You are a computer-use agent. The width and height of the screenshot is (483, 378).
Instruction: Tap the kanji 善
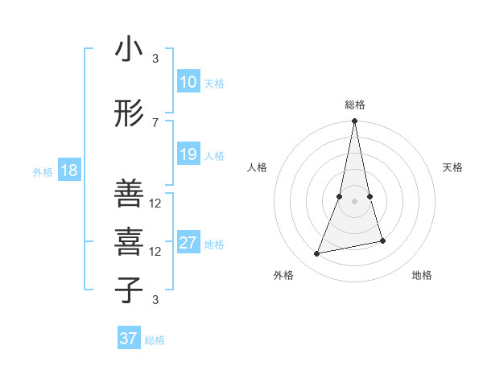(129, 194)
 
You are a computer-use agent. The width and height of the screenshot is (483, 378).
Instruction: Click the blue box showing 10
(188, 82)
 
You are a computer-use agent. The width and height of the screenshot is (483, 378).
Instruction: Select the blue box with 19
(188, 154)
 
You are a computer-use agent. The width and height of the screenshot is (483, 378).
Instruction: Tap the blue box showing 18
(68, 171)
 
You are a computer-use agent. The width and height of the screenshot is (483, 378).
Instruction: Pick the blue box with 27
(188, 243)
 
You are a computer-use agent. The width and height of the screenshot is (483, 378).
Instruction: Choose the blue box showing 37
(128, 339)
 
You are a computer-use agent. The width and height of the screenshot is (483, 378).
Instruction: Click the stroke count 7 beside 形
(155, 122)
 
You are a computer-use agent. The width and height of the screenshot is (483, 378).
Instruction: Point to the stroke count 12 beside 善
(155, 203)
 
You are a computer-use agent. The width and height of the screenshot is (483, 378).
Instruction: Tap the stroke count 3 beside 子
(155, 300)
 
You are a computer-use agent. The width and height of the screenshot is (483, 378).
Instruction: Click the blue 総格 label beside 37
(155, 340)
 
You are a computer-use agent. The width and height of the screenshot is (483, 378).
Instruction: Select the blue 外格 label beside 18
(43, 171)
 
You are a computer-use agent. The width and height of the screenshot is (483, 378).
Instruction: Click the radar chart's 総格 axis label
(354, 105)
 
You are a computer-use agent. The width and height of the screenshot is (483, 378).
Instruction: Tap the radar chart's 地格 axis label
(422, 275)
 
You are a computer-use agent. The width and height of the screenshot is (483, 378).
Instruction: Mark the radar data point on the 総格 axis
(354, 121)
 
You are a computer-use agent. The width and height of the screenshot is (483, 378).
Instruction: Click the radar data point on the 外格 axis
(317, 254)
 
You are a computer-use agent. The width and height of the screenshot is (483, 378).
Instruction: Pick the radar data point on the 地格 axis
(382, 240)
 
